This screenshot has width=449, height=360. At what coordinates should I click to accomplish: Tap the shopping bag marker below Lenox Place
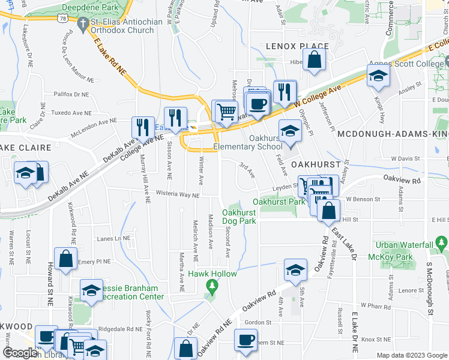tap(314, 60)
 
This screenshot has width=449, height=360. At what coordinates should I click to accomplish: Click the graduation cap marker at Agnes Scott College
tap(379, 76)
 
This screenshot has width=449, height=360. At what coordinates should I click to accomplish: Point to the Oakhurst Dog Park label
tap(240, 217)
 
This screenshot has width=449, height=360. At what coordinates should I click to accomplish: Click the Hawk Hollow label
tap(212, 274)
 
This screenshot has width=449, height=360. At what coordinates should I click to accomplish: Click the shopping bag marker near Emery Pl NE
tap(65, 260)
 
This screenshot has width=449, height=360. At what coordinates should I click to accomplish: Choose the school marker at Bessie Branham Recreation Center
tap(91, 291)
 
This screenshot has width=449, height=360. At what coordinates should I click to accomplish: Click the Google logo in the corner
tap(20, 353)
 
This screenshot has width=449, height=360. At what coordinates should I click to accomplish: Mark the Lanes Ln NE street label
tap(113, 238)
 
